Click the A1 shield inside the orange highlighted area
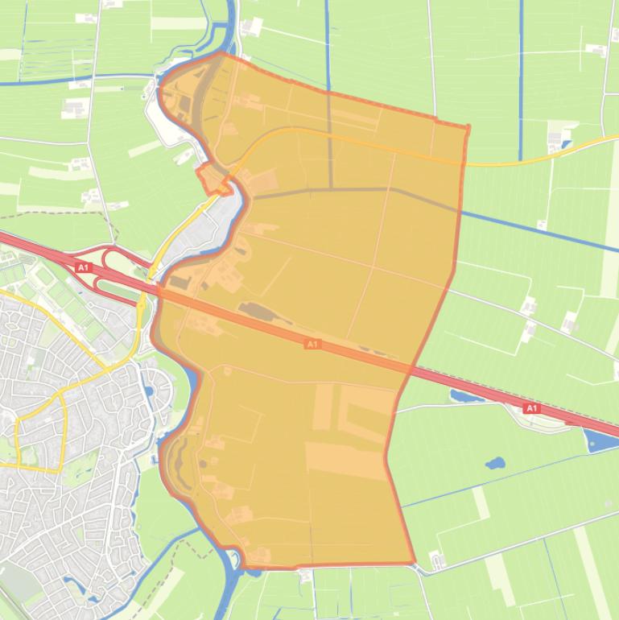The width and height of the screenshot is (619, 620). [x=312, y=345]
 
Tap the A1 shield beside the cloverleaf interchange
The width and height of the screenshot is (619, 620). [x=82, y=267]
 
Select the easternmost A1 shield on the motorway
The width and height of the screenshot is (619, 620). [x=531, y=409]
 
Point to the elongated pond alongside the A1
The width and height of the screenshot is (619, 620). [x=467, y=396]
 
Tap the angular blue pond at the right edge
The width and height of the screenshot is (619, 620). [x=600, y=440]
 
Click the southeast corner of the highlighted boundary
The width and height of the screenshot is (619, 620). [x=415, y=562]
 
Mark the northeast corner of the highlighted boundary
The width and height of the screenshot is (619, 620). [x=468, y=127]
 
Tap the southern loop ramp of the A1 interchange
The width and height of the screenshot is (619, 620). [x=103, y=283]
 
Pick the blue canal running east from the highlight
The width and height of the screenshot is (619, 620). [x=539, y=229]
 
